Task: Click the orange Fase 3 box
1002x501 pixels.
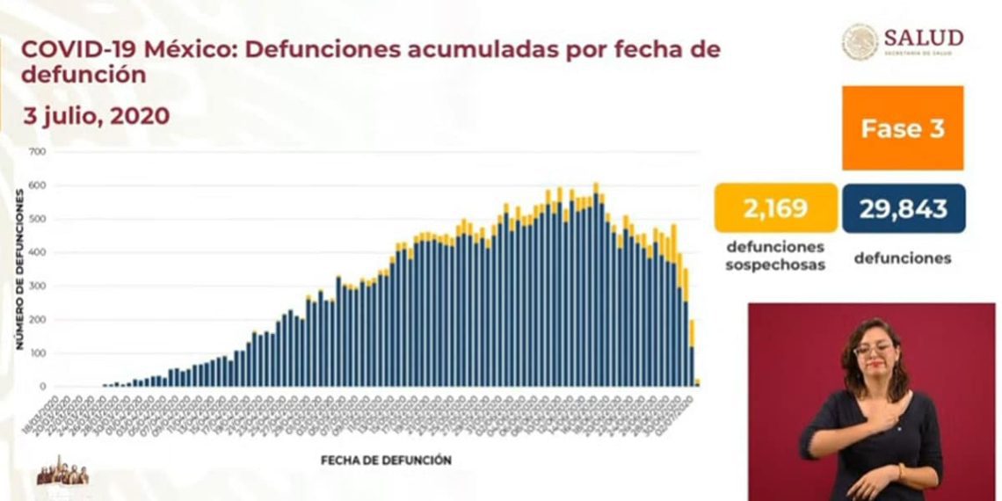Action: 903,127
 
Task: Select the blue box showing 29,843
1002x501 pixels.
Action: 904,208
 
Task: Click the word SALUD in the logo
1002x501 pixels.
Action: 923,38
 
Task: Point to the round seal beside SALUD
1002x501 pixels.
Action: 860,41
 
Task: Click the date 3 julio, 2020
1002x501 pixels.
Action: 97,116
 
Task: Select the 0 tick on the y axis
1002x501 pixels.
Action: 41,387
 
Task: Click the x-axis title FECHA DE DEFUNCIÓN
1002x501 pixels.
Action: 386,460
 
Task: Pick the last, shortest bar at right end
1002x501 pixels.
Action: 697,382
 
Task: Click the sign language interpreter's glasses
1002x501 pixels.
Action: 872,350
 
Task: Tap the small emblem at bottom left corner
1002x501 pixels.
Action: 62,472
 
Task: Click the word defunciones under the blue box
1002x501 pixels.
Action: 903,258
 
